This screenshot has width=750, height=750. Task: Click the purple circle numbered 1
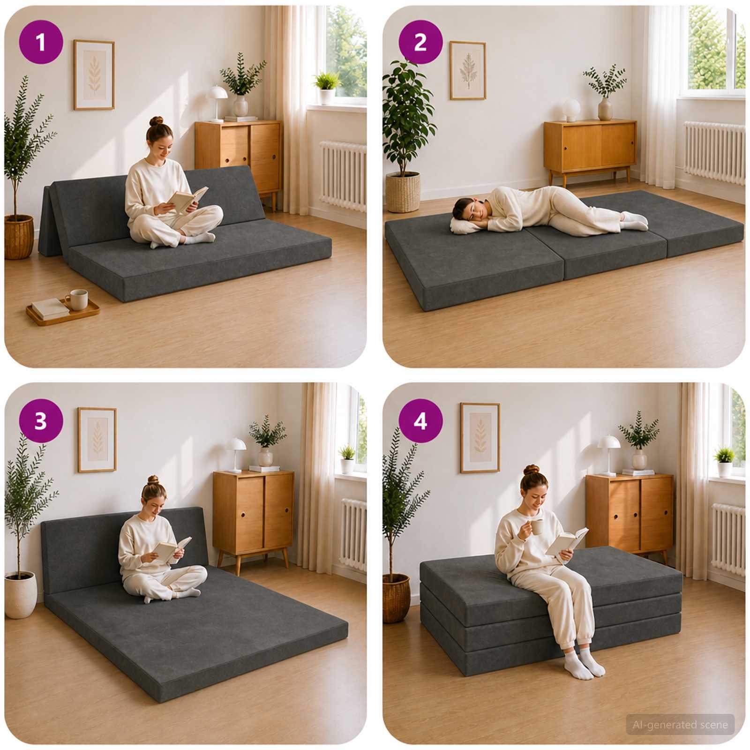pos(41,42)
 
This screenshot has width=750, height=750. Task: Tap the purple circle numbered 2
pos(420,42)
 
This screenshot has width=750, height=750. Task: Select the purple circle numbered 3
pos(41,420)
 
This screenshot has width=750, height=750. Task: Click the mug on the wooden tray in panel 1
pos(77,300)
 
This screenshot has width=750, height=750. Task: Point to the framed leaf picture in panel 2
pos(467,70)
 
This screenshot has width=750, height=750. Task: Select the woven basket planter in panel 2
pos(403,192)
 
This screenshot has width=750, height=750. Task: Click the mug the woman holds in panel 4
pos(537,526)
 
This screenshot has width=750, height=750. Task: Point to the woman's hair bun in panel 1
pos(157,121)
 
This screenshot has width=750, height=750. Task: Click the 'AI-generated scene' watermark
pos(680,725)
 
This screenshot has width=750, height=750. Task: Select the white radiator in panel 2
pos(714,152)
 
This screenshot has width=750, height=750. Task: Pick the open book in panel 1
pos(187,200)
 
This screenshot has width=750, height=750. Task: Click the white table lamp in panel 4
pos(608,454)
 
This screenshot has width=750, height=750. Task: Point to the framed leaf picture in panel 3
pos(97,440)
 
